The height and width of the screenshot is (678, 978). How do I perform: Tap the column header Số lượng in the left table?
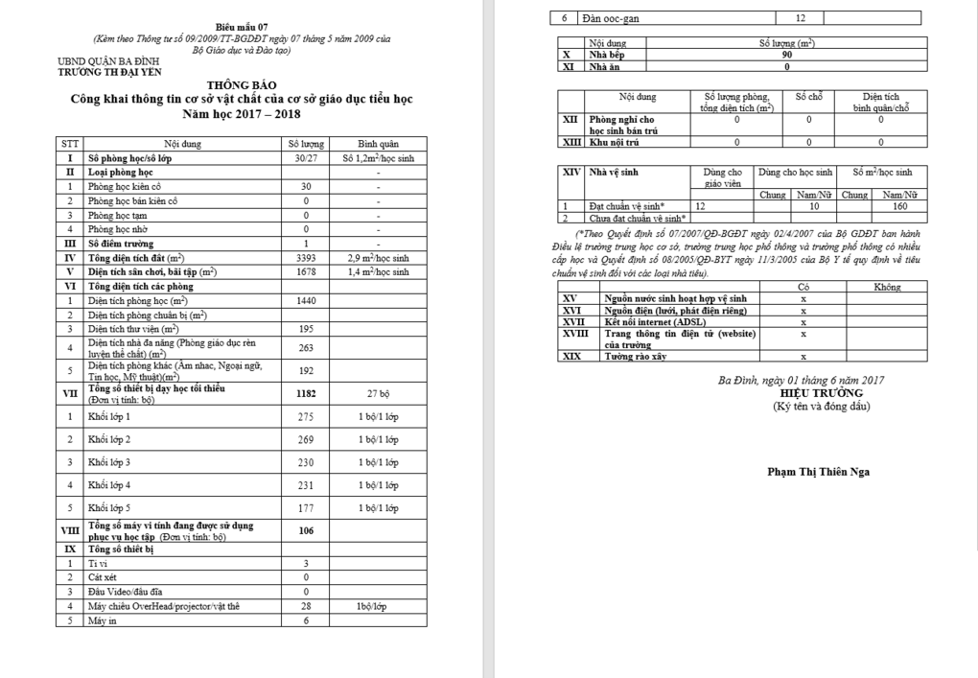(x=306, y=144)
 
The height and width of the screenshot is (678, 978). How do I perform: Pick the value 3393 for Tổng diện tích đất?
(x=306, y=258)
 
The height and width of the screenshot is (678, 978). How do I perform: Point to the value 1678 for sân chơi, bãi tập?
(x=306, y=271)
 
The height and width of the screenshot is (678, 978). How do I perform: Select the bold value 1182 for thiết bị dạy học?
(x=306, y=393)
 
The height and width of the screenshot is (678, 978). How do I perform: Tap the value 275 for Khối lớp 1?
(x=306, y=416)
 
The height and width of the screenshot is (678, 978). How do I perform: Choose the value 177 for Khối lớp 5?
(x=306, y=507)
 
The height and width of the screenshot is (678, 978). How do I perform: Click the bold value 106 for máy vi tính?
(x=306, y=530)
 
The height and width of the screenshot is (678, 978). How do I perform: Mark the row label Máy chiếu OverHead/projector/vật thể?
(x=164, y=606)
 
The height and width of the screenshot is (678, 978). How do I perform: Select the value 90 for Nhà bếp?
(x=787, y=56)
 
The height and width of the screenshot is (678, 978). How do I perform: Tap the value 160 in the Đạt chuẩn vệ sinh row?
(x=899, y=206)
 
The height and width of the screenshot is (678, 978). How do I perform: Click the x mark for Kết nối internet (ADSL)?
(x=803, y=322)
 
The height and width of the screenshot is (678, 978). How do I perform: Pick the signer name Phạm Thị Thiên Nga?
(x=819, y=471)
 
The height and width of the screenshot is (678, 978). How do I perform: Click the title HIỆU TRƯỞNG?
(x=822, y=393)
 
